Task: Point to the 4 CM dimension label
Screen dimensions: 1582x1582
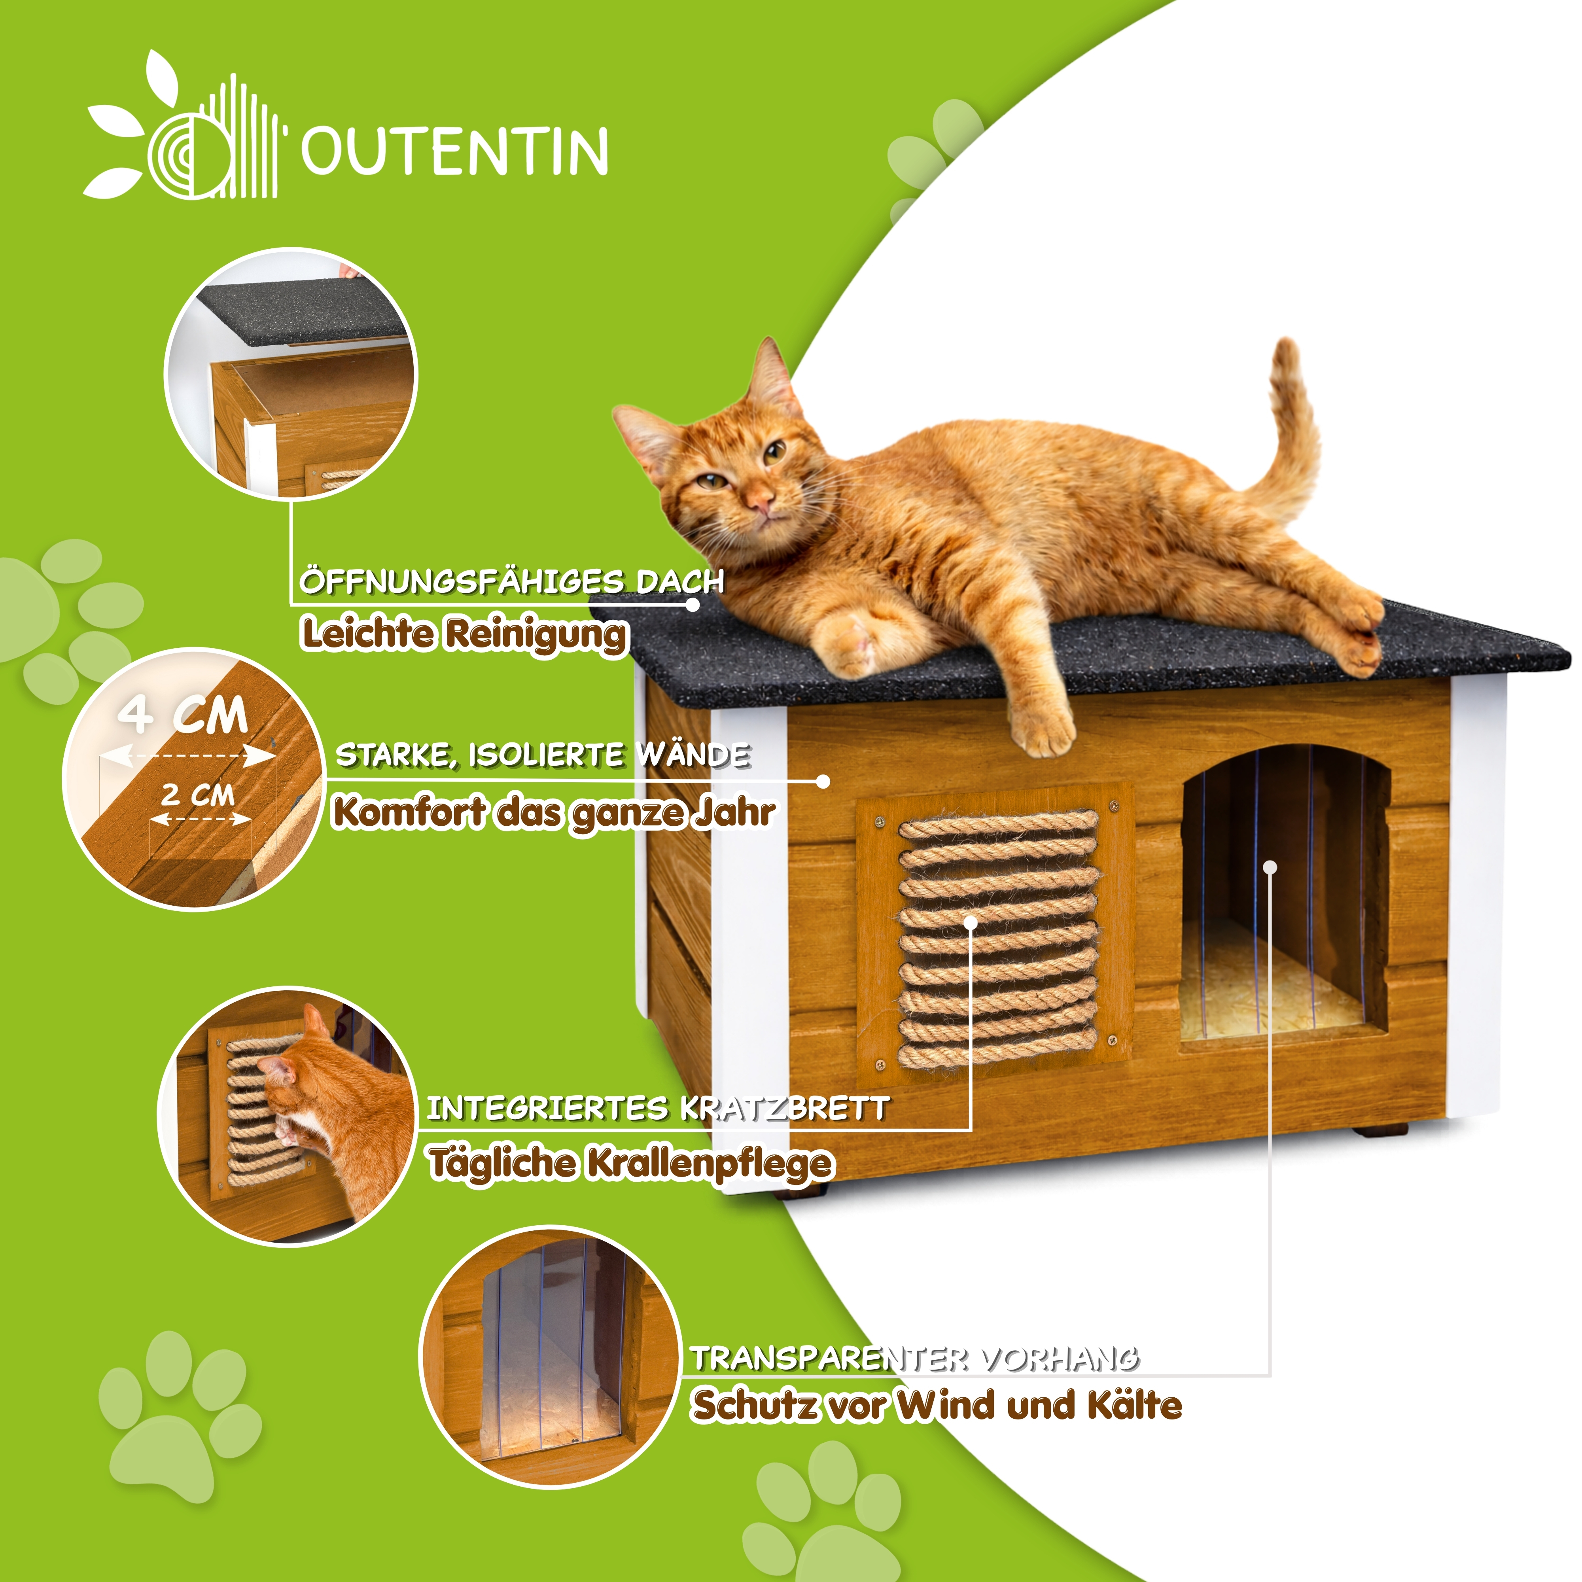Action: coord(183,716)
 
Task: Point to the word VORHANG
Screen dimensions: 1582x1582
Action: coord(1060,1359)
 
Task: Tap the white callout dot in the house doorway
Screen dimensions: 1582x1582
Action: coord(1270,867)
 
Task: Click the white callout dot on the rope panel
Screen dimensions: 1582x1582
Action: coord(971,923)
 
